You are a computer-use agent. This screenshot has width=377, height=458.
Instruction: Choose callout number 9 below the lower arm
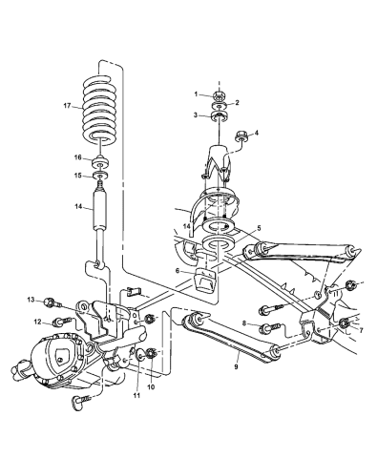tap(235, 364)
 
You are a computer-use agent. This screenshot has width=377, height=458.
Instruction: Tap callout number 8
tap(246, 325)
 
